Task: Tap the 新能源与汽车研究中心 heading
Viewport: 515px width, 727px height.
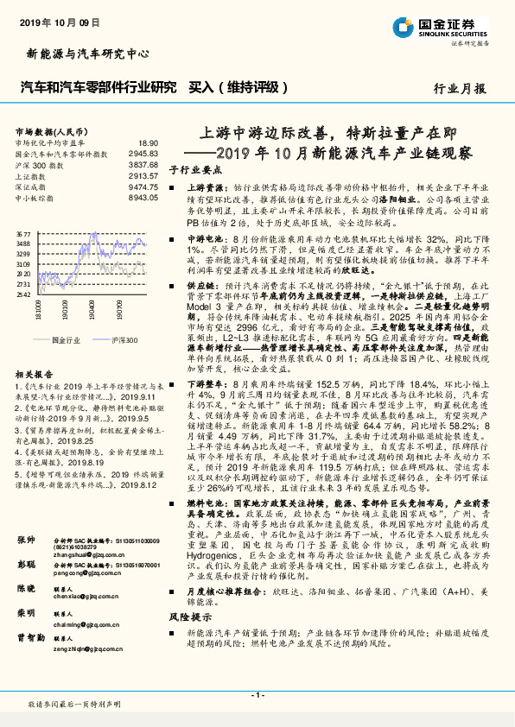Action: click(79, 54)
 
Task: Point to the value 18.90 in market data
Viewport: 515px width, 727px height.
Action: click(149, 142)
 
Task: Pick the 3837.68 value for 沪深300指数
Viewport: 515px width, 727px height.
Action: click(144, 163)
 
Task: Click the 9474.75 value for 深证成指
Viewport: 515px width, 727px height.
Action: click(144, 185)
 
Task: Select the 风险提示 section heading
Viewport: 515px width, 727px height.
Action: click(192, 642)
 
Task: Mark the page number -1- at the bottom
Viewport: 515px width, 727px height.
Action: click(257, 694)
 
